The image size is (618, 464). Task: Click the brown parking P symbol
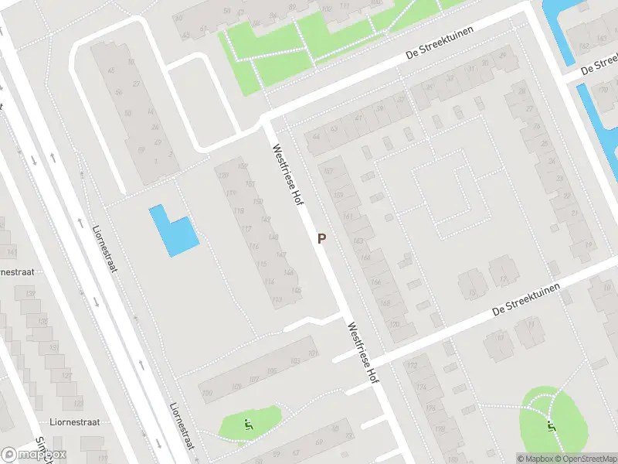321,239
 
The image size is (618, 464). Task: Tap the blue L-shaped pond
174,231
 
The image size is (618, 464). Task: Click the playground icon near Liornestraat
248,423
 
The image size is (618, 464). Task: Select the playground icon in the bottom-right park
550,423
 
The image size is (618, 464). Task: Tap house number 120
225,176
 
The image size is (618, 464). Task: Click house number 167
330,171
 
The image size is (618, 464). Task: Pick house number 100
206,394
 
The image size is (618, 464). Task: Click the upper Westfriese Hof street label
285,175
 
